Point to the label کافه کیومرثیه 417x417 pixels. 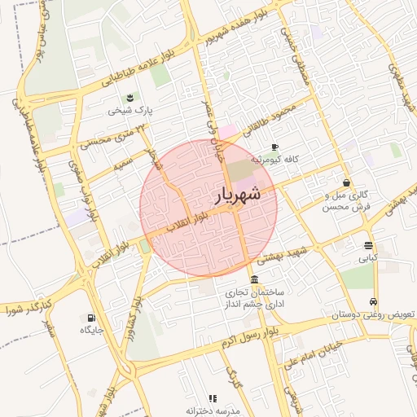point(277,160)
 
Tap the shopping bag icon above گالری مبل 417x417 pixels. point(348,183)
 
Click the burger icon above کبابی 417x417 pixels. point(368,245)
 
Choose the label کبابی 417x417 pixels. point(368,258)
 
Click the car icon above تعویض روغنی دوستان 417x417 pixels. point(374,301)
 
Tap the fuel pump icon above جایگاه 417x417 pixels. point(90,318)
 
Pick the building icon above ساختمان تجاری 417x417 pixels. point(255,279)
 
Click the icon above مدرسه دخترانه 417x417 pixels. point(213,398)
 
